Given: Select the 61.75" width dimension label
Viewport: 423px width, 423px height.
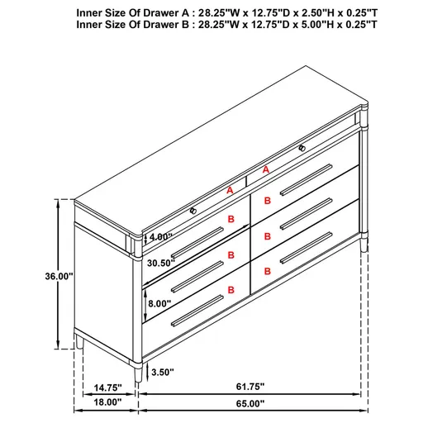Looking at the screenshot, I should coord(251,386).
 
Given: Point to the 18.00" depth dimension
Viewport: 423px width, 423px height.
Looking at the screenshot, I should coord(107,403).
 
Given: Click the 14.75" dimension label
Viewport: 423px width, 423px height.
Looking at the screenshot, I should coord(107,386).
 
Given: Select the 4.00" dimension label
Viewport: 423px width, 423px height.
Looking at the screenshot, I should coord(161,237).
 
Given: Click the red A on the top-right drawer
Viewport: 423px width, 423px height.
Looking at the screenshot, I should coord(266,169).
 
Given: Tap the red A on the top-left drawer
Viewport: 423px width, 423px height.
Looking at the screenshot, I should coord(231,190).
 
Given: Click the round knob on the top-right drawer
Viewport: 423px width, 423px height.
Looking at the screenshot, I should coord(302,147).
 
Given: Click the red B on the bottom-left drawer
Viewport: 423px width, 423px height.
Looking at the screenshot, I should coord(231,289).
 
